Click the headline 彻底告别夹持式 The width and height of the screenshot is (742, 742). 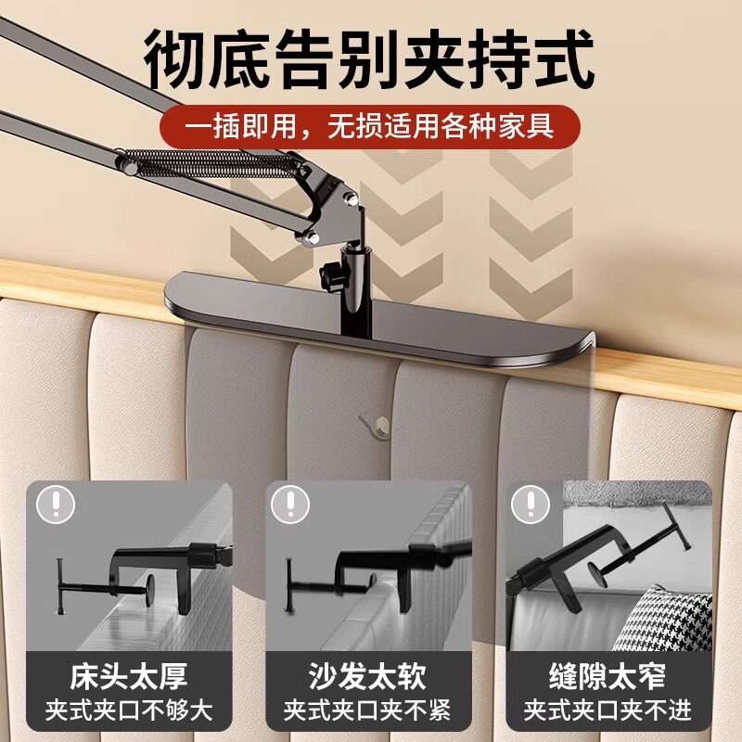point(368,59)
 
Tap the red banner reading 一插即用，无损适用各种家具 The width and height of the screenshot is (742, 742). point(369,126)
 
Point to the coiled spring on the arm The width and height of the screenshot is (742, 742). point(210,163)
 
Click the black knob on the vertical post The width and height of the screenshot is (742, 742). point(331,275)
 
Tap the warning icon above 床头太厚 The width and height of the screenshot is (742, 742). point(57,504)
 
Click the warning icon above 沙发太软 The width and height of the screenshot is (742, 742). point(290,504)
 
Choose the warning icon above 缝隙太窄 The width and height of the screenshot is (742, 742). point(531,504)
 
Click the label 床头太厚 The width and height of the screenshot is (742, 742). point(129,677)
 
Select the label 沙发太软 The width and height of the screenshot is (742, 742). point(367,677)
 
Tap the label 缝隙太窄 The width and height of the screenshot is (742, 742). point(608,677)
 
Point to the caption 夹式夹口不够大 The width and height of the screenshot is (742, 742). point(129,710)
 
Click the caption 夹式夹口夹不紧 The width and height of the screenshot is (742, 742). point(367,710)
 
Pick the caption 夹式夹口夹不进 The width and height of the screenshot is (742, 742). point(608,710)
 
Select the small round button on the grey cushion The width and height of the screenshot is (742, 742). point(381,423)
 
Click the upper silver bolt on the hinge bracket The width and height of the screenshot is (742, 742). point(352,199)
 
